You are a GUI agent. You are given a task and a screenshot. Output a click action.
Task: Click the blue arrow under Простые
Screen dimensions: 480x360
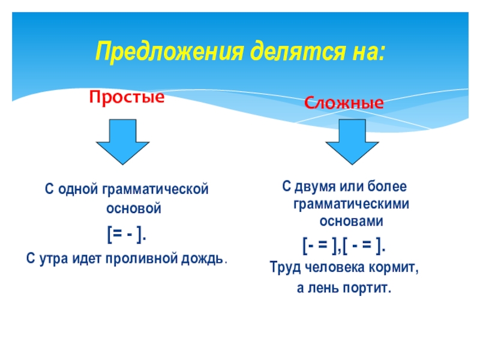click(x=124, y=142)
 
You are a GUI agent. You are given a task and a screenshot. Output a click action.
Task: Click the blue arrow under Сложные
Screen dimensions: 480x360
click(x=352, y=142)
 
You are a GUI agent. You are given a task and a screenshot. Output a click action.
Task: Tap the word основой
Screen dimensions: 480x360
click(x=126, y=209)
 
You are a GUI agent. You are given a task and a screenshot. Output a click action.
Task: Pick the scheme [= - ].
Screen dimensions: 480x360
click(x=127, y=235)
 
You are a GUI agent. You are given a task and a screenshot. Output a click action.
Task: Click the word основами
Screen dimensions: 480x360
click(x=351, y=221)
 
